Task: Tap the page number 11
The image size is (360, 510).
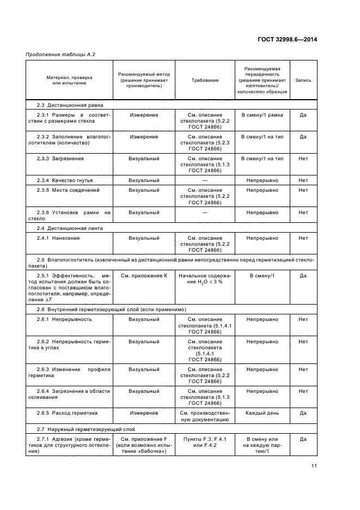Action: (x=314, y=465)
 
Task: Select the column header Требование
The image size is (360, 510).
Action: (x=205, y=80)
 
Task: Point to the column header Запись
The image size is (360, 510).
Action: (x=303, y=80)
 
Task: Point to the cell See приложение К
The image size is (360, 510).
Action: (x=144, y=276)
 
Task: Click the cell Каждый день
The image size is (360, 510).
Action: (x=262, y=413)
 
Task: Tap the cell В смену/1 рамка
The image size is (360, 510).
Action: (x=262, y=115)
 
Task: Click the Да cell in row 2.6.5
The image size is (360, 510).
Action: (x=303, y=413)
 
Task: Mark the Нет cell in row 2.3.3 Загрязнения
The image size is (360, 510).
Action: (x=303, y=158)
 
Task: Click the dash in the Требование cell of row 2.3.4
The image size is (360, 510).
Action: (x=205, y=180)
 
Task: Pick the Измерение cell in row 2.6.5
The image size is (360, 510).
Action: (x=144, y=413)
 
